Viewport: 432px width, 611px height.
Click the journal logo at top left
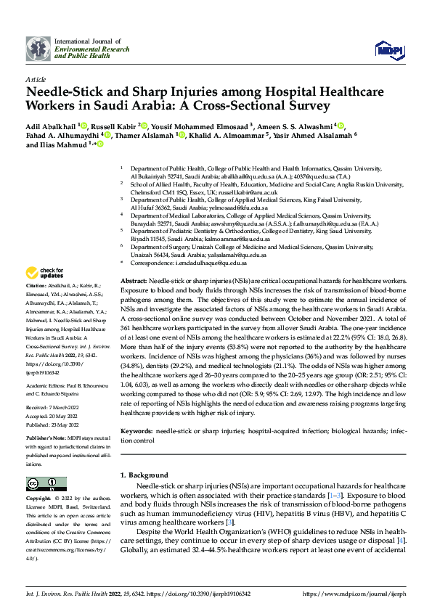[38, 49]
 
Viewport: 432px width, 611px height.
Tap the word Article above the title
[35, 81]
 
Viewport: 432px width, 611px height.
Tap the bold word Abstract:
[136, 280]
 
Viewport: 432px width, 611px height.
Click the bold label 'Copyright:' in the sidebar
[38, 499]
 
